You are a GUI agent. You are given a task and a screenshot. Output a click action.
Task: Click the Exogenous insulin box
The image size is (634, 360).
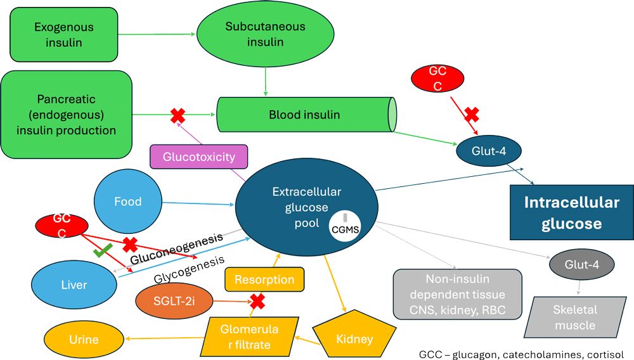point(63,35)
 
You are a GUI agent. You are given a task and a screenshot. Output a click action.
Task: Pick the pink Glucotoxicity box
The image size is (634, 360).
point(198,157)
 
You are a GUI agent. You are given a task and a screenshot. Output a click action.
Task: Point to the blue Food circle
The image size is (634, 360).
point(127,202)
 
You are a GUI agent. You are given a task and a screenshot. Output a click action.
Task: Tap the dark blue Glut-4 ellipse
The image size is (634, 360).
point(488,151)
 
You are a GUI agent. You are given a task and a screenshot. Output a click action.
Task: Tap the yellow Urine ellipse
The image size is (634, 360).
point(84,339)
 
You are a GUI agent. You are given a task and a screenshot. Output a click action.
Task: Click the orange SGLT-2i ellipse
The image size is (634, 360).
point(173,302)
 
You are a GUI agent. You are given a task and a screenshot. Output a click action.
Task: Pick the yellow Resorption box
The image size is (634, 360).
point(264,279)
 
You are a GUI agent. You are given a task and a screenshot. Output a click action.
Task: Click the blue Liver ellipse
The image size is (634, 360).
point(74,285)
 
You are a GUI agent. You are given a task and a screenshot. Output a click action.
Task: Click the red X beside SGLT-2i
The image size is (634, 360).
point(257,301)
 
